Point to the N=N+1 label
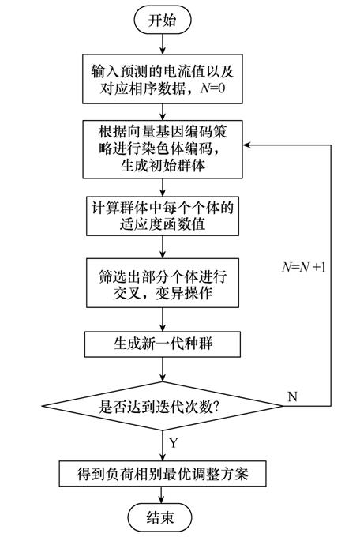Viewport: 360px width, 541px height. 303,266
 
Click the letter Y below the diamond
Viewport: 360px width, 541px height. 174,442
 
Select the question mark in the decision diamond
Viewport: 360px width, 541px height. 216,407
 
